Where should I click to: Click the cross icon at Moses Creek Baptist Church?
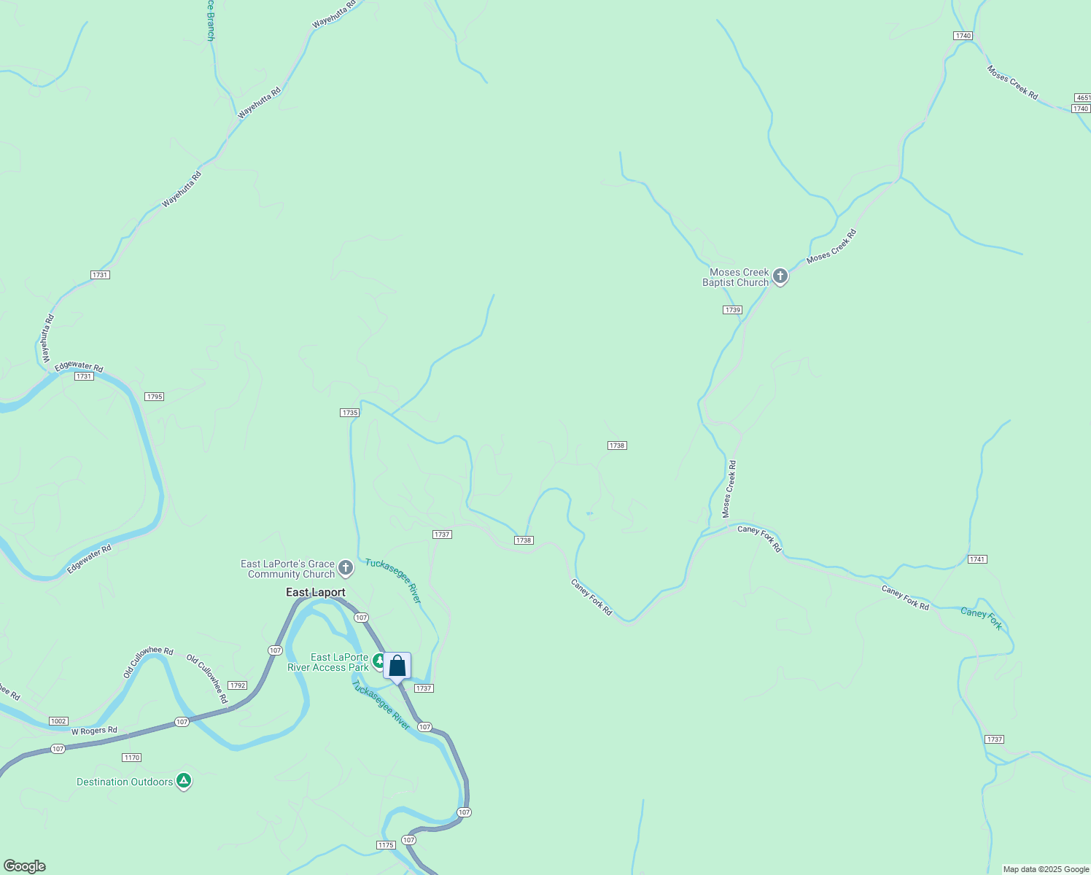click(x=780, y=276)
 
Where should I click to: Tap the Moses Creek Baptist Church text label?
click(x=736, y=277)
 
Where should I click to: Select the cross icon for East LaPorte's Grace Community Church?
click(x=346, y=567)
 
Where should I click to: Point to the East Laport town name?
click(x=316, y=592)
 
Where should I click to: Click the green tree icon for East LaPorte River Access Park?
click(x=379, y=661)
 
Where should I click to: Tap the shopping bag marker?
click(x=397, y=666)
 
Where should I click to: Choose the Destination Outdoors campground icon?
click(x=184, y=781)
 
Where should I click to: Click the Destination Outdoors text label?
click(x=125, y=782)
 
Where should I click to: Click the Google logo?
click(x=24, y=866)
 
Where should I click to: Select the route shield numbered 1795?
click(x=154, y=397)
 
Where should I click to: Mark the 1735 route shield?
click(x=349, y=413)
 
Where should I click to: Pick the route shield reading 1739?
click(x=733, y=310)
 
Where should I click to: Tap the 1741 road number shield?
click(x=977, y=559)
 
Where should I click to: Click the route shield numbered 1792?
click(x=237, y=685)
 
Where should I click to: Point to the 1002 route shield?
click(x=58, y=721)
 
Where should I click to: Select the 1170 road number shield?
click(x=131, y=758)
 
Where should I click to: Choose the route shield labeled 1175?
click(x=386, y=845)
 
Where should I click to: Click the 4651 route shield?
click(x=1082, y=98)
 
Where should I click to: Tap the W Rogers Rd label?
click(x=94, y=731)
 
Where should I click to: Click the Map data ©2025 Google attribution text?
click(x=1046, y=869)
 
